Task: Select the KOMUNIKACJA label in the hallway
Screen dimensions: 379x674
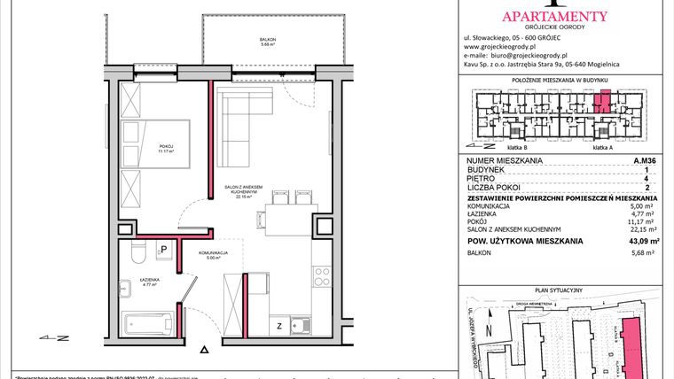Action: coord(214,253)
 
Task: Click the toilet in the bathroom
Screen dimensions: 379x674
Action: coord(136,255)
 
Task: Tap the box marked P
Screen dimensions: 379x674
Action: coord(164,251)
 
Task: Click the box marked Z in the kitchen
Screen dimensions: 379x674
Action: coord(280,325)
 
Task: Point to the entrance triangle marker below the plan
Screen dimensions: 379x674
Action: coord(206,352)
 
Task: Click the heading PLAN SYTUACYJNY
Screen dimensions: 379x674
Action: coord(563,290)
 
